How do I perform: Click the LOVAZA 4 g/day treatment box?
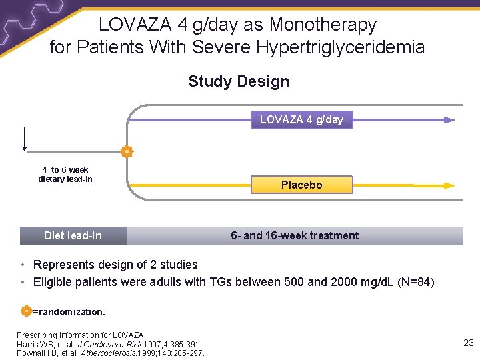tap(301, 120)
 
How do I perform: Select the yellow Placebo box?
tap(301, 185)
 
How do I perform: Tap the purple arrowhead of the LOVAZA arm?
tap(449, 120)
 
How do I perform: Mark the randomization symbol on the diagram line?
tap(127, 152)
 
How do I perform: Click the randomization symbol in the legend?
tap(25, 311)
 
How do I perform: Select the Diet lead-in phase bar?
tap(73, 235)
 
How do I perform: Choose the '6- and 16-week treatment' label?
tap(294, 235)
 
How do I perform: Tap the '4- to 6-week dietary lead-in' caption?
tap(65, 175)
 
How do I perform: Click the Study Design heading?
tap(239, 81)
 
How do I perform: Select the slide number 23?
tap(469, 343)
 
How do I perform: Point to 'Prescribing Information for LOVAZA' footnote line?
tap(81, 335)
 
